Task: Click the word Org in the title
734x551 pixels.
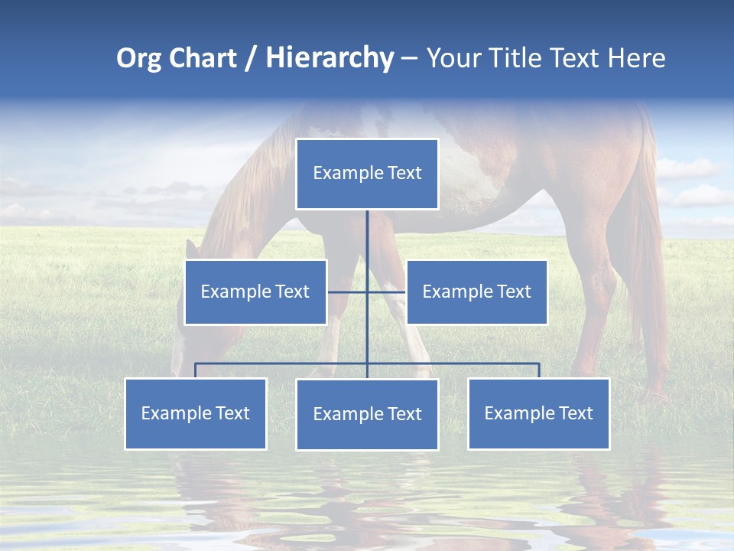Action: [138, 58]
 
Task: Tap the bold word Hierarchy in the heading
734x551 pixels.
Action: [329, 58]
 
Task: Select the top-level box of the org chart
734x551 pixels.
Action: [367, 174]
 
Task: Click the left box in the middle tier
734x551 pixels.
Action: [255, 292]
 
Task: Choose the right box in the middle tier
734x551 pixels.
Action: [476, 292]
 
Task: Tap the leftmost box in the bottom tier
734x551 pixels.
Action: [196, 414]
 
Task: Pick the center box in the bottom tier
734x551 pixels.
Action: [367, 415]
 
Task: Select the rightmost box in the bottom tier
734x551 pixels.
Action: [538, 414]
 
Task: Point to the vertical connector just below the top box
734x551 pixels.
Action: [367, 230]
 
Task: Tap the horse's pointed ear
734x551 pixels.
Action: [192, 249]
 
